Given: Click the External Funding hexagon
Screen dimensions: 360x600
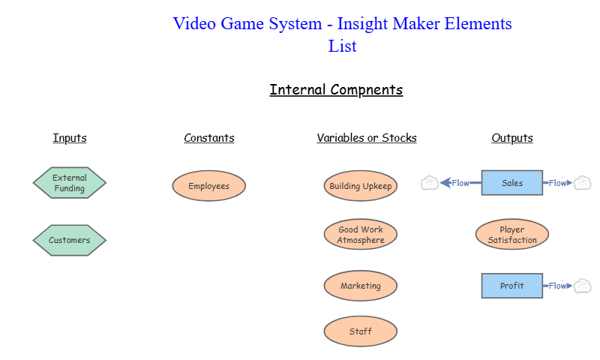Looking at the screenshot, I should click(70, 183).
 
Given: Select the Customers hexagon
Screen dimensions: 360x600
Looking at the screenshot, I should click(70, 241).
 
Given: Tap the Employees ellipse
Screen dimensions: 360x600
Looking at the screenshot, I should click(209, 186).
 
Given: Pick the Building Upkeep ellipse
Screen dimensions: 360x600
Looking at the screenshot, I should click(361, 186).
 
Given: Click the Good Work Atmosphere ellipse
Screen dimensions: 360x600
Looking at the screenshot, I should click(361, 235).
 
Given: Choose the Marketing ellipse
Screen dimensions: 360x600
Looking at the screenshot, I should click(361, 286).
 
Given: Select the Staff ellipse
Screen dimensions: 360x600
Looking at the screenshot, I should click(361, 331).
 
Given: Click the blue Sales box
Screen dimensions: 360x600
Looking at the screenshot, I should click(512, 183).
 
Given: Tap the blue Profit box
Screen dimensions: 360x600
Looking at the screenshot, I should click(512, 286).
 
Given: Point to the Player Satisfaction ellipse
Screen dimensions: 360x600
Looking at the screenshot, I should click(512, 235).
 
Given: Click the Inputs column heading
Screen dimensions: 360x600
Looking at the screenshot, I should click(70, 138).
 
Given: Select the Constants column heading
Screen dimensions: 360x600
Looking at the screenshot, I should click(209, 138).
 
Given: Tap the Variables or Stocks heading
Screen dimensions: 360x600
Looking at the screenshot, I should click(367, 138).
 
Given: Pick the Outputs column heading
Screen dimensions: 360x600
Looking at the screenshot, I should click(512, 138).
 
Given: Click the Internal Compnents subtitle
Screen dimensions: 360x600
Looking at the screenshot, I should click(336, 90).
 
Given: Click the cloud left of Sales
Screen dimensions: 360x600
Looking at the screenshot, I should click(430, 182).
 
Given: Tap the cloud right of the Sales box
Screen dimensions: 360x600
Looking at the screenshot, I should click(583, 182).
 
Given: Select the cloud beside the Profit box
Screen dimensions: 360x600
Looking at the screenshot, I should click(583, 286).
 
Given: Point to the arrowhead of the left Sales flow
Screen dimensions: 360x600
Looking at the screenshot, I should click(445, 182).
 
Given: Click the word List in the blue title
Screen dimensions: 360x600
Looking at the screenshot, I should click(342, 46).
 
